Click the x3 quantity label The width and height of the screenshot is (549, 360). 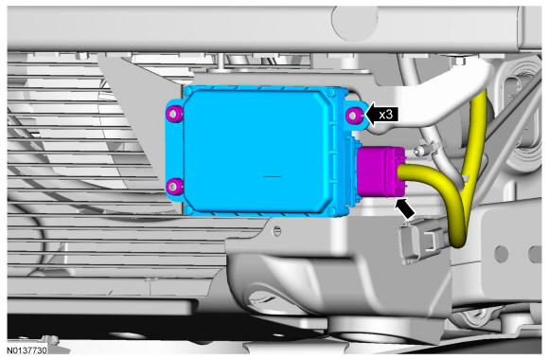(x=386, y=115)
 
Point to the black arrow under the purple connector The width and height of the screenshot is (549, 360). (x=405, y=208)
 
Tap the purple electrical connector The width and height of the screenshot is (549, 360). (x=381, y=171)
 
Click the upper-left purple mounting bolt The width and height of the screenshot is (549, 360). (x=174, y=114)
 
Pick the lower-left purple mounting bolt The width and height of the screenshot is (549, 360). (x=174, y=186)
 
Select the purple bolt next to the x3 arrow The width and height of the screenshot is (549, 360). (x=354, y=115)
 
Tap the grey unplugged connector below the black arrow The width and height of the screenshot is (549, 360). (x=421, y=242)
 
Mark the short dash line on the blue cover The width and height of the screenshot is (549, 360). (x=273, y=176)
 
